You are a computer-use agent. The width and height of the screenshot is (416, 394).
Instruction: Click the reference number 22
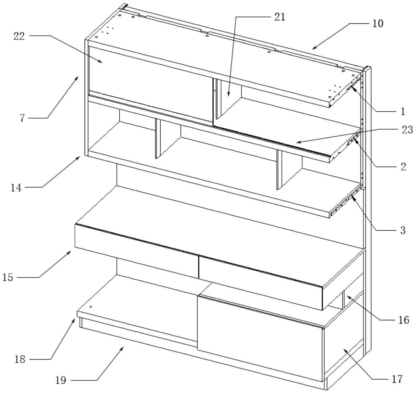pos(19,36)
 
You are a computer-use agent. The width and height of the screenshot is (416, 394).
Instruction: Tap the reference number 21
pos(279,17)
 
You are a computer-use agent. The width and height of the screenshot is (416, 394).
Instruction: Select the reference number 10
pos(377,24)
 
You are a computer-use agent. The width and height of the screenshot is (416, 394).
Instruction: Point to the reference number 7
pos(22,118)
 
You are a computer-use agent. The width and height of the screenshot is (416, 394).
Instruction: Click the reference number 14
pos(16,187)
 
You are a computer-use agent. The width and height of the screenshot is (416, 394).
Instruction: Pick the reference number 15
pos(8,278)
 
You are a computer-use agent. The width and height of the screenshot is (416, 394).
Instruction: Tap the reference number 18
pos(20,360)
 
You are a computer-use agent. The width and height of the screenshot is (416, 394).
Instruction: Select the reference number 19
pos(61,380)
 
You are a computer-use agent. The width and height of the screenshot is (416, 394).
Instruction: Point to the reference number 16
pos(404,320)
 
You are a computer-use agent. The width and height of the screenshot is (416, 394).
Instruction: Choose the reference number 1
pos(403,111)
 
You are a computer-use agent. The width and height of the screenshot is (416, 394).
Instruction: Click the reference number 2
pos(403,167)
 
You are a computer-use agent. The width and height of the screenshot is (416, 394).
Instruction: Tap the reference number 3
pos(403,230)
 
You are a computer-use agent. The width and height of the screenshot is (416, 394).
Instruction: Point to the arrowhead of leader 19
pos(124,347)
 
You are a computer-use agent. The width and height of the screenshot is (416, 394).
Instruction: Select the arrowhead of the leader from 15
pos(71,251)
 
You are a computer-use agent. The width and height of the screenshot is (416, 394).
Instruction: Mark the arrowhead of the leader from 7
pos(78,76)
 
